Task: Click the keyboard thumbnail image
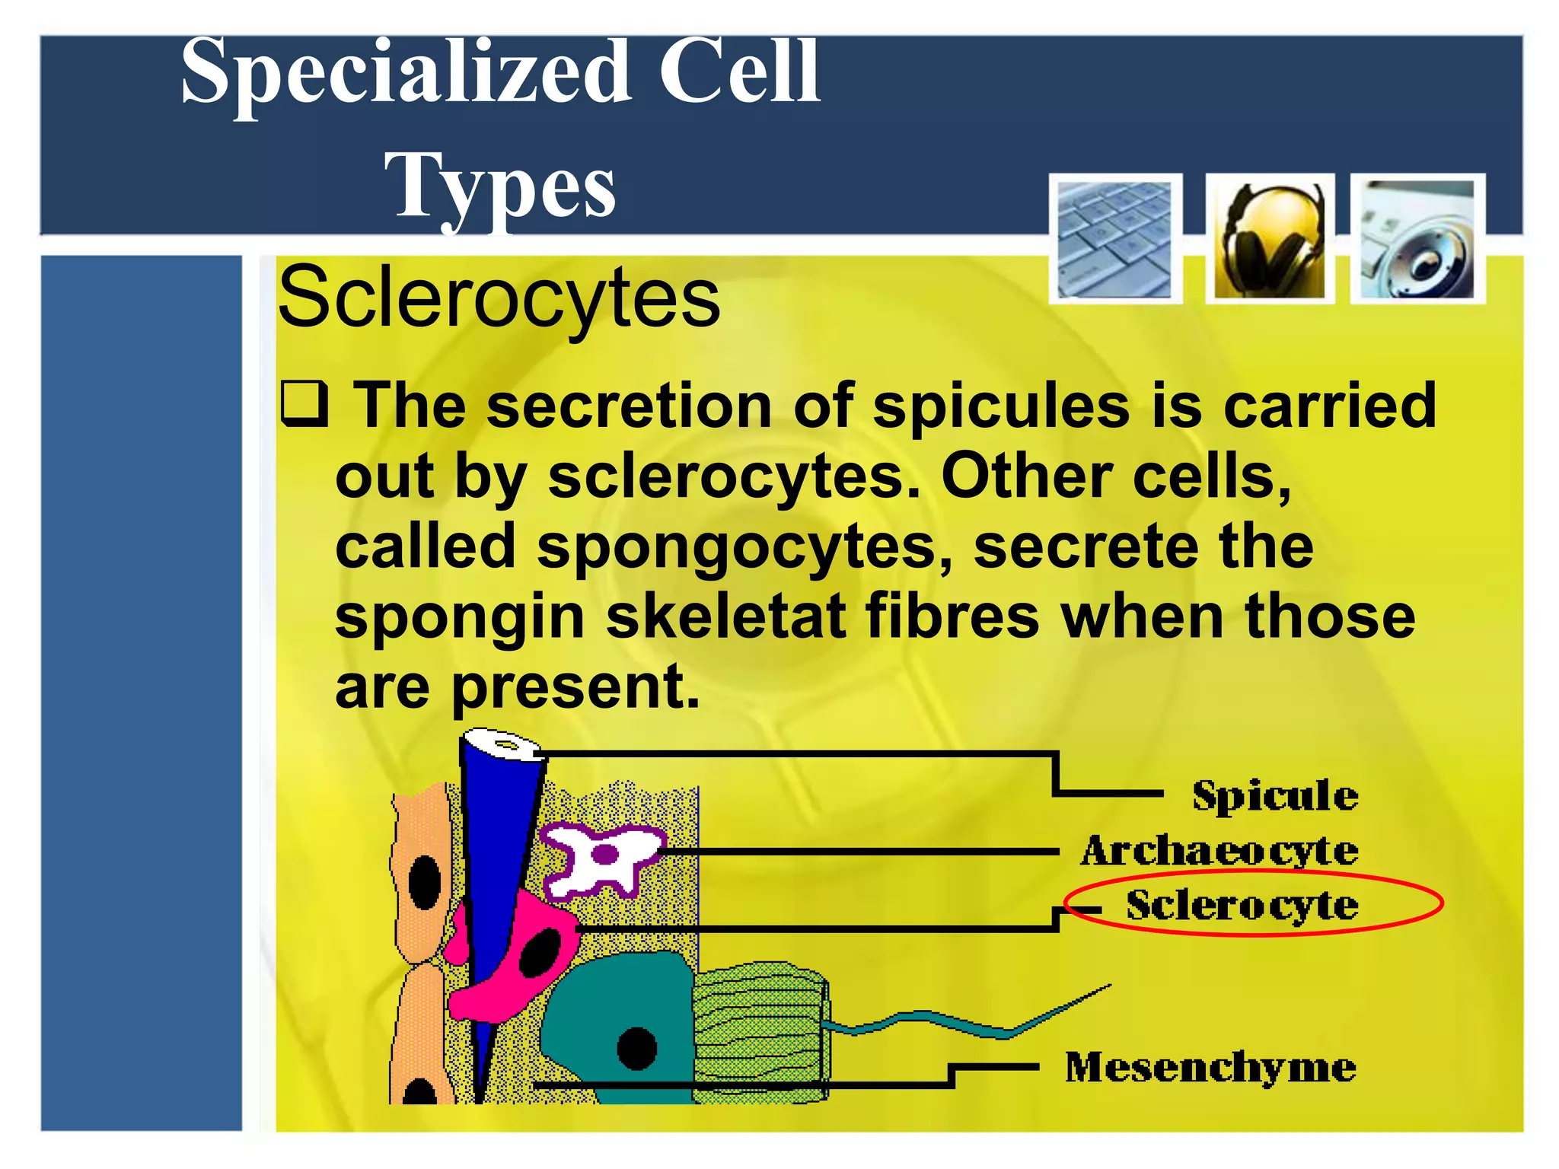(x=1115, y=239)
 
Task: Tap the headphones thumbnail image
(x=1270, y=239)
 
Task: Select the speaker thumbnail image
(x=1417, y=239)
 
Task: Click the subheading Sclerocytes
(x=499, y=298)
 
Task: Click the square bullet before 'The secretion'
(x=304, y=404)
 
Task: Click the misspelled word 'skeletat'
(x=725, y=616)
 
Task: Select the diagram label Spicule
(x=1275, y=796)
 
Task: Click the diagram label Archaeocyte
(x=1219, y=851)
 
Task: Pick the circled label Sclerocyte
(x=1242, y=905)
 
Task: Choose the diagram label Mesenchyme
(x=1210, y=1067)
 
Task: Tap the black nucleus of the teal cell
(x=636, y=1048)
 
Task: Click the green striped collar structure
(x=760, y=1031)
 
